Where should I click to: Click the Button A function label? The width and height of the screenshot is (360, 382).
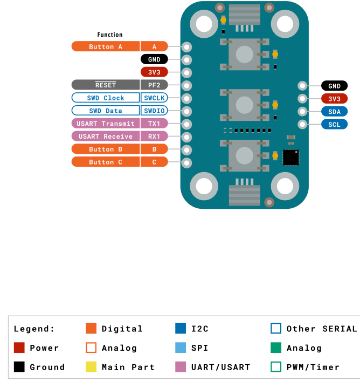coord(106,46)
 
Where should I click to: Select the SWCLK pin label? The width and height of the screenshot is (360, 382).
coord(154,98)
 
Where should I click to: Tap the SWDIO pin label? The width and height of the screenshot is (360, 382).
coord(154,111)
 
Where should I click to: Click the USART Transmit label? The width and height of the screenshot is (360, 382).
coord(106,124)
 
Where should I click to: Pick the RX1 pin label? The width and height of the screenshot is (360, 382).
coord(154,137)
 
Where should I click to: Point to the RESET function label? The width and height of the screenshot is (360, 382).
coord(106,85)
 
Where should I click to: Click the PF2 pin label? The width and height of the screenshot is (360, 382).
coord(154,85)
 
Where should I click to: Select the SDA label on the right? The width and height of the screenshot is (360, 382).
coord(334,111)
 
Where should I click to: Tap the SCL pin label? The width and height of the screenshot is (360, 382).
coord(334,124)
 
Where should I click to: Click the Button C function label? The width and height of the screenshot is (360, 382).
coord(106,162)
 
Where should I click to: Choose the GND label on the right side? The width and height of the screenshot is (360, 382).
coord(334,86)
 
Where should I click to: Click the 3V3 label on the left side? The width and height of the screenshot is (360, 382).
coord(154,72)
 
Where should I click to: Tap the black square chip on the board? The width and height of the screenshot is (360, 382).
coord(290,157)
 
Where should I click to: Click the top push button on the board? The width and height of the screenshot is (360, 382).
coord(244,54)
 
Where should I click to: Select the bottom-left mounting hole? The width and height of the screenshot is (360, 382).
coord(204,186)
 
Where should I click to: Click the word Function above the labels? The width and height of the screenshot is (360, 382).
coord(110,35)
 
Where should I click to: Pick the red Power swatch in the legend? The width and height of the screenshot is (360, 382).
coord(19,348)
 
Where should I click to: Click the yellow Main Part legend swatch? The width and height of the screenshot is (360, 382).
coord(91,367)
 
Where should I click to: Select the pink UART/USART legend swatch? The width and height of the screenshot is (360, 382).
coord(181,367)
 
